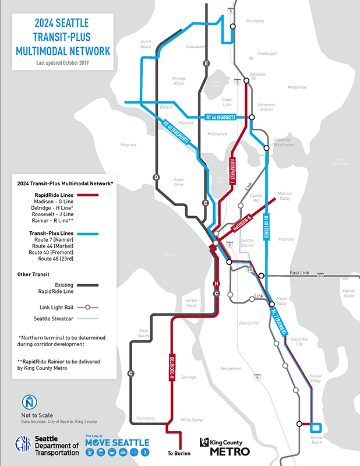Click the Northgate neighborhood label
tap(255, 20)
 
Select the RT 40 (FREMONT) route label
tap(178, 133)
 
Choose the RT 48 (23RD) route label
tap(267, 227)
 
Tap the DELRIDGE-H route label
tap(172, 368)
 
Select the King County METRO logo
tap(225, 447)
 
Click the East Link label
tap(302, 273)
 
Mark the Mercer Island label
tap(348, 293)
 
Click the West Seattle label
tap(143, 334)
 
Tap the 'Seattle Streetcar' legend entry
tap(52, 318)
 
